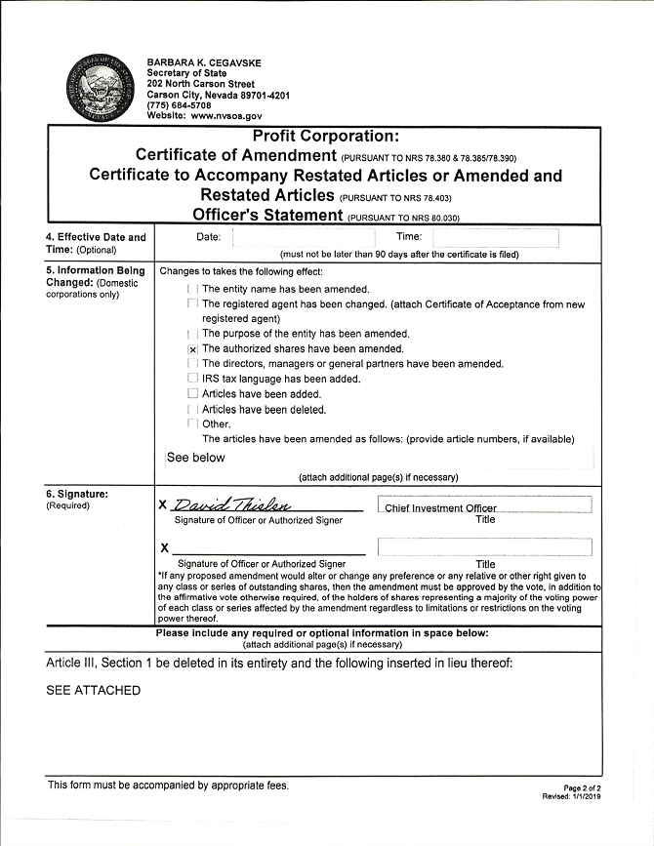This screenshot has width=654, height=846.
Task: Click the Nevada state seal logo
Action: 99,89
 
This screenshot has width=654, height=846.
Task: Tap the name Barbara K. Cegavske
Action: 204,63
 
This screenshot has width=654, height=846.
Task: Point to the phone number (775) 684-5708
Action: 179,104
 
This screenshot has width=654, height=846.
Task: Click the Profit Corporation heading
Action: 325,137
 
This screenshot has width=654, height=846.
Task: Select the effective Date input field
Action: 302,237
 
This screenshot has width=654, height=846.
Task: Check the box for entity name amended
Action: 192,289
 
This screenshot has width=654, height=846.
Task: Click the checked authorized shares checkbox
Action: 192,349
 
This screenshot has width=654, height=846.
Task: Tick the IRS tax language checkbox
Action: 192,379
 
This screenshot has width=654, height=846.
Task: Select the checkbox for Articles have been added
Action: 192,394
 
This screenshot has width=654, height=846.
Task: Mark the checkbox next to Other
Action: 192,424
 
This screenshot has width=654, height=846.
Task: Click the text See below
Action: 196,457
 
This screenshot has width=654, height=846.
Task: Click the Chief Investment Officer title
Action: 440,507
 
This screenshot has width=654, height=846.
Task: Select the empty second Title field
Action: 484,546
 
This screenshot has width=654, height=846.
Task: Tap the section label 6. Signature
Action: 77,494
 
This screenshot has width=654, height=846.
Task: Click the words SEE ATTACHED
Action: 94,691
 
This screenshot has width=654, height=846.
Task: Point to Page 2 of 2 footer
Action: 583,787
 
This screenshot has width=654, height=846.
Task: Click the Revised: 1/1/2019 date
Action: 575,796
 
